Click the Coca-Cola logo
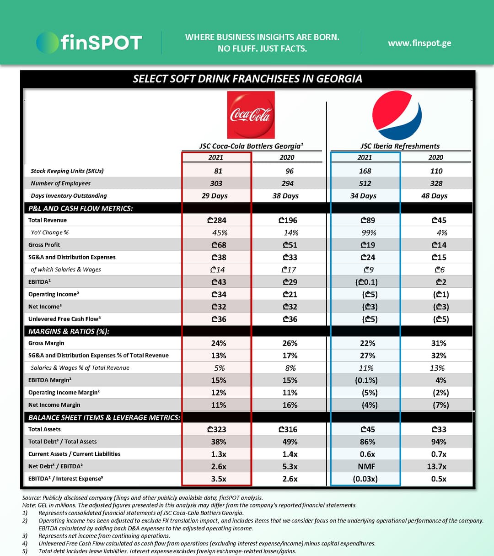click(251, 115)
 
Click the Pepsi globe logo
click(397, 115)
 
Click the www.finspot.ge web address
click(419, 43)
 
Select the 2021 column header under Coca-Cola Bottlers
click(216, 157)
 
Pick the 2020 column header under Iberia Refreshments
click(435, 157)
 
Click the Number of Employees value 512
click(365, 184)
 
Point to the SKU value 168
click(365, 171)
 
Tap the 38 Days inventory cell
click(285, 196)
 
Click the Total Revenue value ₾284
click(217, 220)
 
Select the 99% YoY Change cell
click(369, 233)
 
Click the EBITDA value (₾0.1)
click(366, 282)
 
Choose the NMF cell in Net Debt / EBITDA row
click(366, 466)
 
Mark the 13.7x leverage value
click(436, 466)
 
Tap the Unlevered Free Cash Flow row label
click(64, 319)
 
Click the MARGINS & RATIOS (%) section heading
click(69, 331)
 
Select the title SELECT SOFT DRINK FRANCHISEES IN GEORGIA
click(247, 79)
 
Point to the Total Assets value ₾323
click(217, 429)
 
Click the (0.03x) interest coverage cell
click(365, 479)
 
